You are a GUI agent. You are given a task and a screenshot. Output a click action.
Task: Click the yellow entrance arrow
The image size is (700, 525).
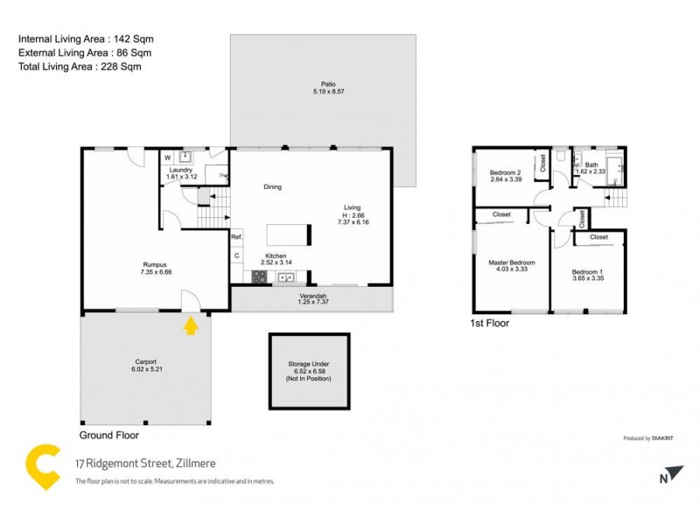(x=191, y=326)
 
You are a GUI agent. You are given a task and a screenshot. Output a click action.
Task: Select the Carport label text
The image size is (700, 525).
(x=145, y=363)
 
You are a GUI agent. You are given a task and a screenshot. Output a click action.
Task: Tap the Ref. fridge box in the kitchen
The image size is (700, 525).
(x=236, y=236)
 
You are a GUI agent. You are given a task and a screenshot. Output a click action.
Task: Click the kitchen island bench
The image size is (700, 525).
(x=288, y=234)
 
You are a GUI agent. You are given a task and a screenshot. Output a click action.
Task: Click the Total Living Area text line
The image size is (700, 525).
(x=80, y=66)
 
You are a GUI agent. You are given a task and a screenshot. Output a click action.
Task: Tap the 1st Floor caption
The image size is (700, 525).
(x=490, y=323)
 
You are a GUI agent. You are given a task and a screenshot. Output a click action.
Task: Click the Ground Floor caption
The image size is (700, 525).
(x=109, y=434)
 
